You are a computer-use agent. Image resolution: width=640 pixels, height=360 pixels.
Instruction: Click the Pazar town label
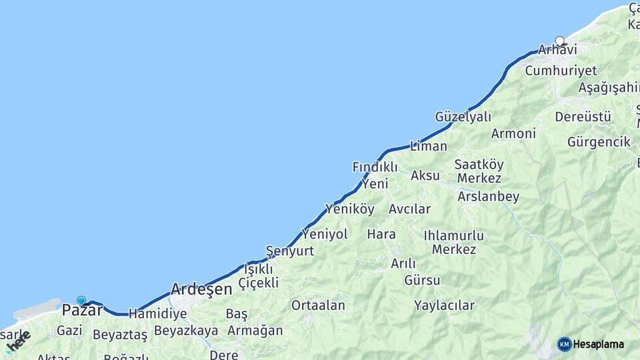point(83,310)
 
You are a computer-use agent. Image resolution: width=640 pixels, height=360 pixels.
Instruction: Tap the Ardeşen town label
point(201,289)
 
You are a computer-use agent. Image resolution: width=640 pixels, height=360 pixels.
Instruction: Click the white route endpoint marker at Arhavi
point(559,41)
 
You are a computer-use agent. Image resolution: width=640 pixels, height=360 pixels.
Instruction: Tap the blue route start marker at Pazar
point(81,301)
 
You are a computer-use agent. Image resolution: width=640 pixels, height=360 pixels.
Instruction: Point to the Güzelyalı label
point(463,117)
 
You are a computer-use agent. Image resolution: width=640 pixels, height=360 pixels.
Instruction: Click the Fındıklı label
point(375,167)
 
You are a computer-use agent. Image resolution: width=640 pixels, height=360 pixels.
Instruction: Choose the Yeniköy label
point(349,209)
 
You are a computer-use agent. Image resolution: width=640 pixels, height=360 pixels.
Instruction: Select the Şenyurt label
point(290,251)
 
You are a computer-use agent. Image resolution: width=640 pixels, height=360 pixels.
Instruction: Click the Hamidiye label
point(157,313)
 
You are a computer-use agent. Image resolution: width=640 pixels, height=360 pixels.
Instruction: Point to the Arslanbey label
point(488,197)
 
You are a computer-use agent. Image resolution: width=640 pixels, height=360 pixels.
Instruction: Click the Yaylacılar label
point(444,306)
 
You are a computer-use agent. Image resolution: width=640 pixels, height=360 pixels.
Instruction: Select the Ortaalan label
point(318,305)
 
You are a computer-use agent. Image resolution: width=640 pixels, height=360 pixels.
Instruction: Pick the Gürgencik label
point(599,142)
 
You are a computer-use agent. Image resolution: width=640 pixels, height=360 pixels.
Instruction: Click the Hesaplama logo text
point(599,345)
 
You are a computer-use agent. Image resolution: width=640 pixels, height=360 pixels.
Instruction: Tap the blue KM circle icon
point(565,345)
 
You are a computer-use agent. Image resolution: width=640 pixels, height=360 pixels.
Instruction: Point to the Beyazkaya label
point(186,331)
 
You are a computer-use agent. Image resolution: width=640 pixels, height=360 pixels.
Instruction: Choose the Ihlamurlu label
point(453,235)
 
